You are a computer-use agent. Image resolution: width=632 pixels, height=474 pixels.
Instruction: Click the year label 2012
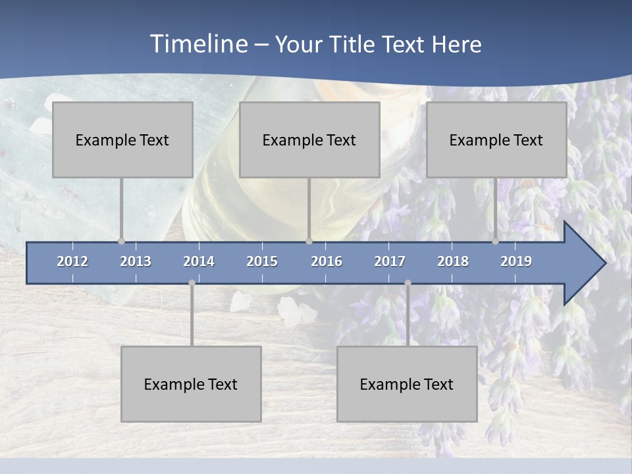point(72,261)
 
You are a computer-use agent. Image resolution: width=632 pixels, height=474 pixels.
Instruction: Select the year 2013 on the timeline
point(136,261)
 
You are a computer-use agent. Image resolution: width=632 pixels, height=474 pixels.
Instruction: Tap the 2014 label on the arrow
point(199,261)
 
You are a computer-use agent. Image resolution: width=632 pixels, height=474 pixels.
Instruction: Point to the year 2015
point(262,261)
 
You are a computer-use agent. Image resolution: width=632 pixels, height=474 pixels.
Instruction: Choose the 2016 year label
point(327,261)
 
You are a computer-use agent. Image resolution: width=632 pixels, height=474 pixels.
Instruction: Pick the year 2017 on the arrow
point(390,261)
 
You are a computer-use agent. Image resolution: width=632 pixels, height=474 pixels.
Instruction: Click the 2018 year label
point(453,261)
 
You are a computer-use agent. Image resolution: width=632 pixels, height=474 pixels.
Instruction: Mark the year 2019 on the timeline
point(516,261)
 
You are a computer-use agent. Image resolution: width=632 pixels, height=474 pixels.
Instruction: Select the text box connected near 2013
point(122,140)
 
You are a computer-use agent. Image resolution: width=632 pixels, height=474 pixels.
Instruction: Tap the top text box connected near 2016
point(309,140)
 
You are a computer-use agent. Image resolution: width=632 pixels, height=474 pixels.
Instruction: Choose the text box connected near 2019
point(496,140)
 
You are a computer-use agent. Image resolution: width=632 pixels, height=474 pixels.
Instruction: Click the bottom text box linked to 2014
point(191,384)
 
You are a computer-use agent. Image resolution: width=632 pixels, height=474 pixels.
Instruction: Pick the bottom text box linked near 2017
point(407,384)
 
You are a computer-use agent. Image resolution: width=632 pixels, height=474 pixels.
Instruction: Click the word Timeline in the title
point(198,44)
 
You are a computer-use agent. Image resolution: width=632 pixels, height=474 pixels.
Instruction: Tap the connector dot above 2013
point(121,241)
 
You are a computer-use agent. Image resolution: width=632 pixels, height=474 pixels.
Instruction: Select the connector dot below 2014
point(192,283)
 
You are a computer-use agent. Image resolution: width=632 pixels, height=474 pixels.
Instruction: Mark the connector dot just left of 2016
point(309,241)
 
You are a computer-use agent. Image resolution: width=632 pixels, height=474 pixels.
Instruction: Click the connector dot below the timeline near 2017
point(408,283)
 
